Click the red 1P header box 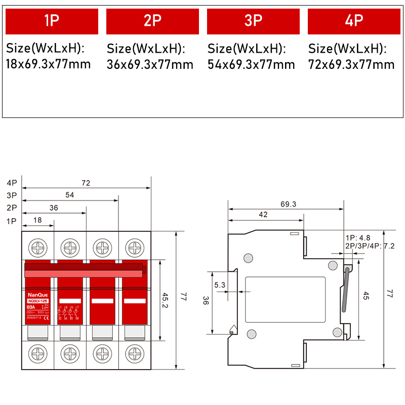click(51, 21)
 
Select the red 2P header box click(152, 21)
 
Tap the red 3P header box click(253, 21)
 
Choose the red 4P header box click(354, 21)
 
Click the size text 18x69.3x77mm click(48, 64)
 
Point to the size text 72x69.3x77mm click(351, 64)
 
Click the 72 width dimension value click(86, 183)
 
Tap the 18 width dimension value click(38, 220)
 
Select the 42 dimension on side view click(263, 215)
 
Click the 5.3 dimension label click(220, 285)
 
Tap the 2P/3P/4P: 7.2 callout click(370, 246)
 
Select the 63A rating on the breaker click(31, 307)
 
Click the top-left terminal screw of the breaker click(37, 248)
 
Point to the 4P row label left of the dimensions click(12, 183)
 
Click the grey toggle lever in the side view click(345, 291)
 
